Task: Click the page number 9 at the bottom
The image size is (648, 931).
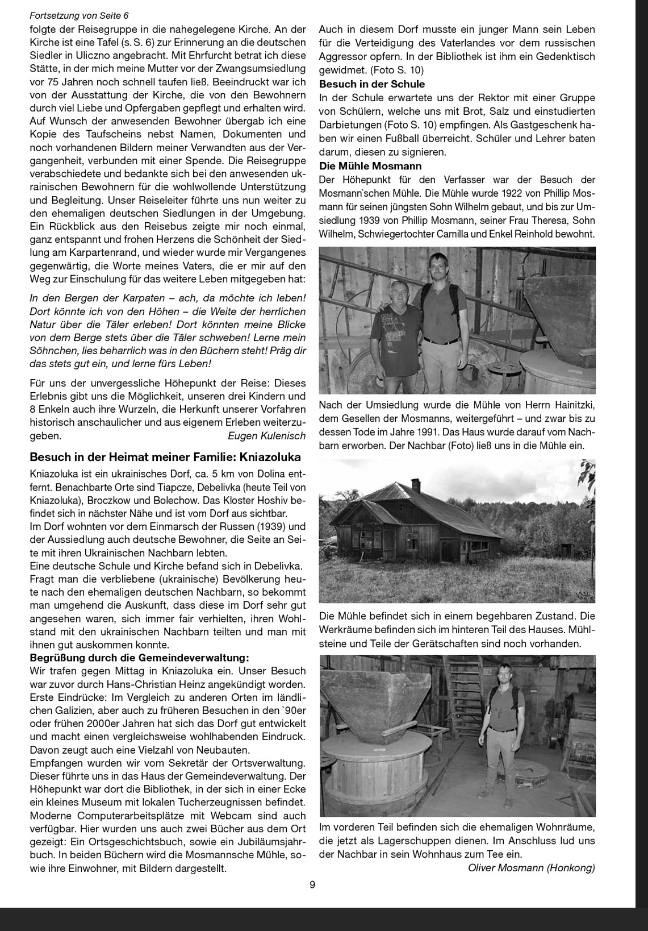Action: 312,884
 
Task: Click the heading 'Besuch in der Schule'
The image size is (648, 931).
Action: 372,84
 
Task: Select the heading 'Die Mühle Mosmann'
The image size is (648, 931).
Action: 370,166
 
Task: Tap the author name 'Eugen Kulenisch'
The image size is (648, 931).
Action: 266,436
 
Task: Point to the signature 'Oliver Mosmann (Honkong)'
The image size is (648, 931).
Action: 531,867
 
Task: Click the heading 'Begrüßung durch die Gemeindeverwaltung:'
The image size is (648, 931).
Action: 139,658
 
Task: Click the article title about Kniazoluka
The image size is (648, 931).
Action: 165,457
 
